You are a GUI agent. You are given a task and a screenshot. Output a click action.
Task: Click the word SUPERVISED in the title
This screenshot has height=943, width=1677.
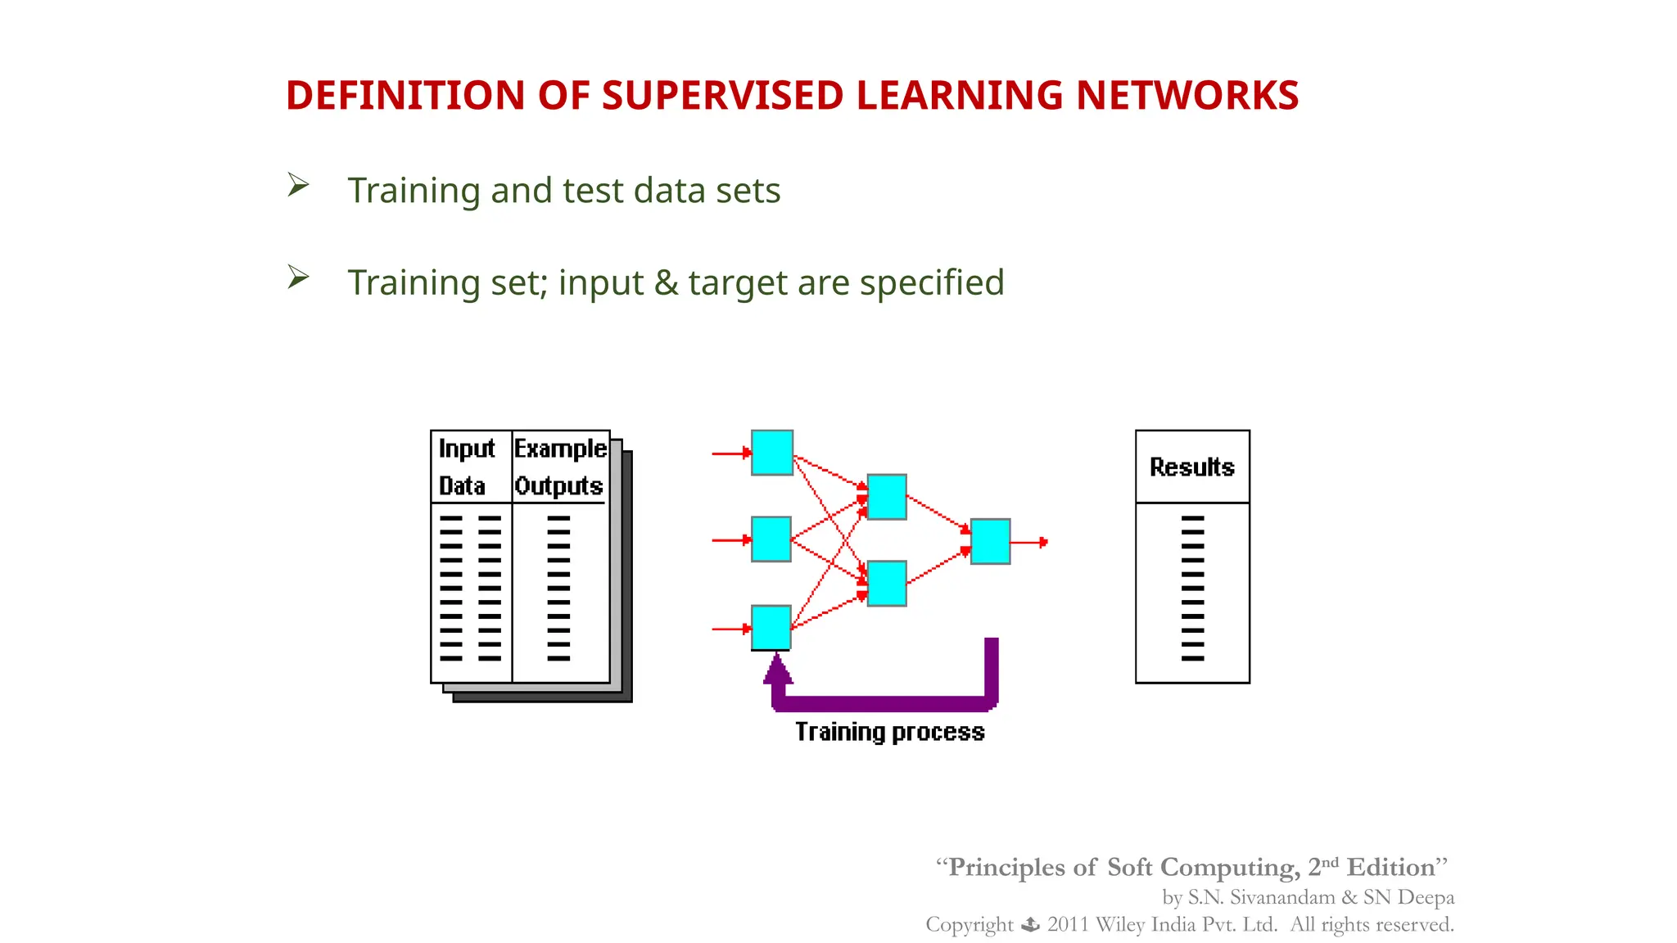coord(722,96)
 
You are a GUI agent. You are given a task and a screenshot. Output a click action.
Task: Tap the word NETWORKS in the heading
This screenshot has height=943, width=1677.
coord(1187,96)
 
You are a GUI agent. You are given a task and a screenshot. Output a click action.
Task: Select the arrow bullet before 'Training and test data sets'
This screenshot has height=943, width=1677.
coord(298,185)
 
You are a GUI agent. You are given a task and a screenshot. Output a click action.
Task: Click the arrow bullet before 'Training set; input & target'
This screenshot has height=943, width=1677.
coord(298,277)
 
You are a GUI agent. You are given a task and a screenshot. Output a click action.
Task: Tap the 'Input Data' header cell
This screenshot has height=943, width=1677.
coord(467,467)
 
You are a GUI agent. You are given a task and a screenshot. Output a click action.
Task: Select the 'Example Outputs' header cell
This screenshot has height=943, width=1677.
coord(560,467)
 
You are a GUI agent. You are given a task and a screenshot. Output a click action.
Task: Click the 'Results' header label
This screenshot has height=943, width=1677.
coord(1191,467)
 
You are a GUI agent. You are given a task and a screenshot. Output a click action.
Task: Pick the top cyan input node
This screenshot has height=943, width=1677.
coord(771,453)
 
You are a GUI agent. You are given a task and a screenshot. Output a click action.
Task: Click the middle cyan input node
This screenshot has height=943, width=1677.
coord(771,539)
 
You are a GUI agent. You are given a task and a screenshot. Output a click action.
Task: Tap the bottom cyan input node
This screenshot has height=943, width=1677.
coord(771,627)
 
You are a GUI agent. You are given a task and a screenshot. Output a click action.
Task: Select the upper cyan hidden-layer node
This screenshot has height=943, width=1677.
coord(887,496)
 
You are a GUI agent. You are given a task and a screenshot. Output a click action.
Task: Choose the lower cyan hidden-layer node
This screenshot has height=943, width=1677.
coord(887,583)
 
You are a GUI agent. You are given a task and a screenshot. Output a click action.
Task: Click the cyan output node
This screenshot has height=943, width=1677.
coord(990,541)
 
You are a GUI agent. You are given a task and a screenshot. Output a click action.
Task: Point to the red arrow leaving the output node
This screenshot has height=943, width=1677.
coord(1030,542)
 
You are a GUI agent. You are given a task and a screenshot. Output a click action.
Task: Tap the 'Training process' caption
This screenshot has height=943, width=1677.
coord(890,732)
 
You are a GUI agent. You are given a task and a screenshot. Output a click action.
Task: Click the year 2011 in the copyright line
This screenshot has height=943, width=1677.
coord(1067,925)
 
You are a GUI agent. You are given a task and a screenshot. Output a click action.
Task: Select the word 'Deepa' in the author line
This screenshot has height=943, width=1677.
coord(1426,897)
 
